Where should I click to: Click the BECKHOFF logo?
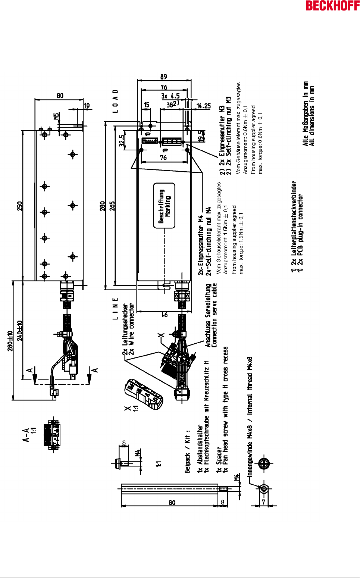333,6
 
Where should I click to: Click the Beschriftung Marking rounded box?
164,206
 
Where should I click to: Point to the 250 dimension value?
19,206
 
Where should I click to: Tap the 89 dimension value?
164,77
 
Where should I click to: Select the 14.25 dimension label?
203,106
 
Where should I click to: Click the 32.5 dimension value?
122,141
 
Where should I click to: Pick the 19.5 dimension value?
201,136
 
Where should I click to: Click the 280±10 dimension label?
10,341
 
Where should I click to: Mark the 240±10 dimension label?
19,331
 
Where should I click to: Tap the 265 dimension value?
112,206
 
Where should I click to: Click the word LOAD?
116,101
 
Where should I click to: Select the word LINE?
116,309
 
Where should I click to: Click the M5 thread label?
56,116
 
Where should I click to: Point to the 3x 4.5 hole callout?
170,96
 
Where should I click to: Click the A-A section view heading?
26,435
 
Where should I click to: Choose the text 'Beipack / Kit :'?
188,452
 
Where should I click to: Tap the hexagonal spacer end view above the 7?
264,488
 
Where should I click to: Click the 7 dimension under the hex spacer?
263,502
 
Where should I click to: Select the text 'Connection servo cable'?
214,316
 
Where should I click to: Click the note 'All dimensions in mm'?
312,116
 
